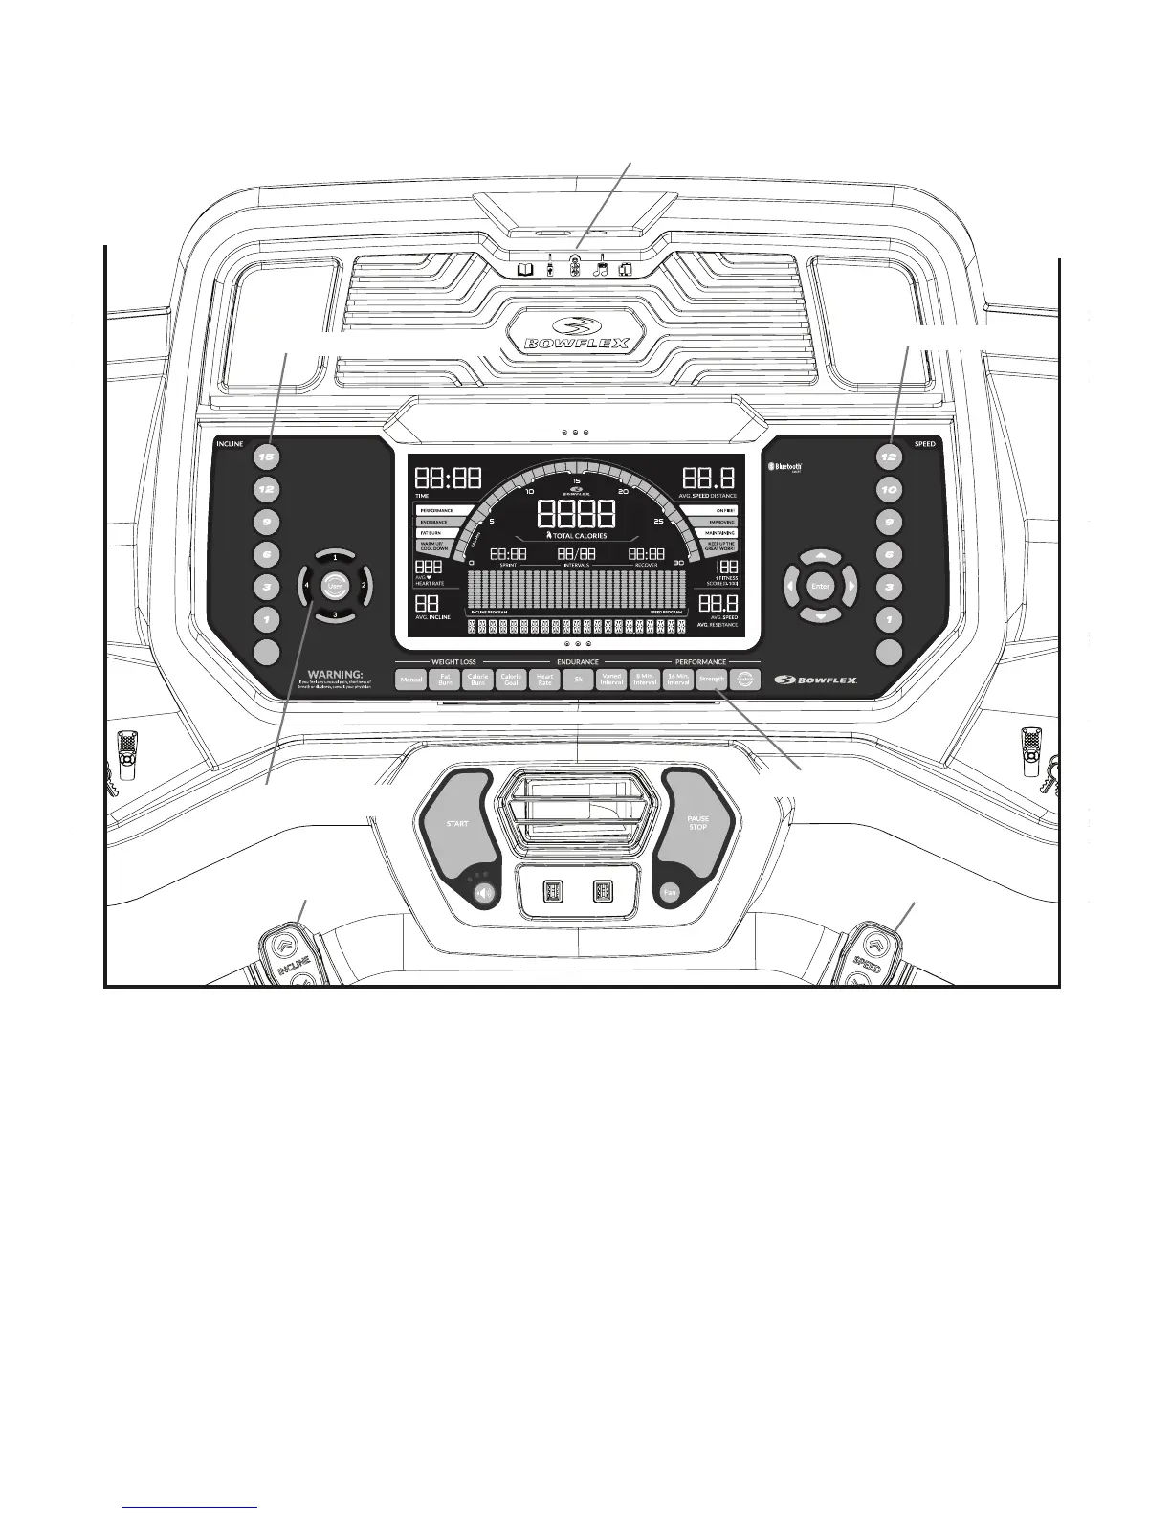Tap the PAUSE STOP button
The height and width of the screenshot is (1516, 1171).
(x=697, y=823)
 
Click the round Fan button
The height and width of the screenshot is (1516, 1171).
(x=671, y=893)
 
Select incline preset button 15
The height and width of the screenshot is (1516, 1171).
(x=266, y=457)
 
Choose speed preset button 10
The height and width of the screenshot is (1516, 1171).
(x=890, y=490)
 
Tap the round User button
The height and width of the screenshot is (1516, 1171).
(x=334, y=585)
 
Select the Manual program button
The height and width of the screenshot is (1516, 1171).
(x=411, y=680)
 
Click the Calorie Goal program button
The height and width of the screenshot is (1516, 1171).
(x=511, y=680)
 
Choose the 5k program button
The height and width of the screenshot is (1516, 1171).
(x=578, y=680)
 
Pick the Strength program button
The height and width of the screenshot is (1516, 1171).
(x=711, y=680)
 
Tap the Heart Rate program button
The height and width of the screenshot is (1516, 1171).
(x=544, y=680)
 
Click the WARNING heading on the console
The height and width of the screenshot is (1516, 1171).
(x=332, y=674)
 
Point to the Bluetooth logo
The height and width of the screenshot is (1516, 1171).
(x=786, y=468)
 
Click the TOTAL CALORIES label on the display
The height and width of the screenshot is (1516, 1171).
(x=576, y=536)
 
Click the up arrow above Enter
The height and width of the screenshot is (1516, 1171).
(x=820, y=556)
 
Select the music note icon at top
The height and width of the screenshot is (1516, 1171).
(x=601, y=270)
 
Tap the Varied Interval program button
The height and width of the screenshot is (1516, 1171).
(x=611, y=680)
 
